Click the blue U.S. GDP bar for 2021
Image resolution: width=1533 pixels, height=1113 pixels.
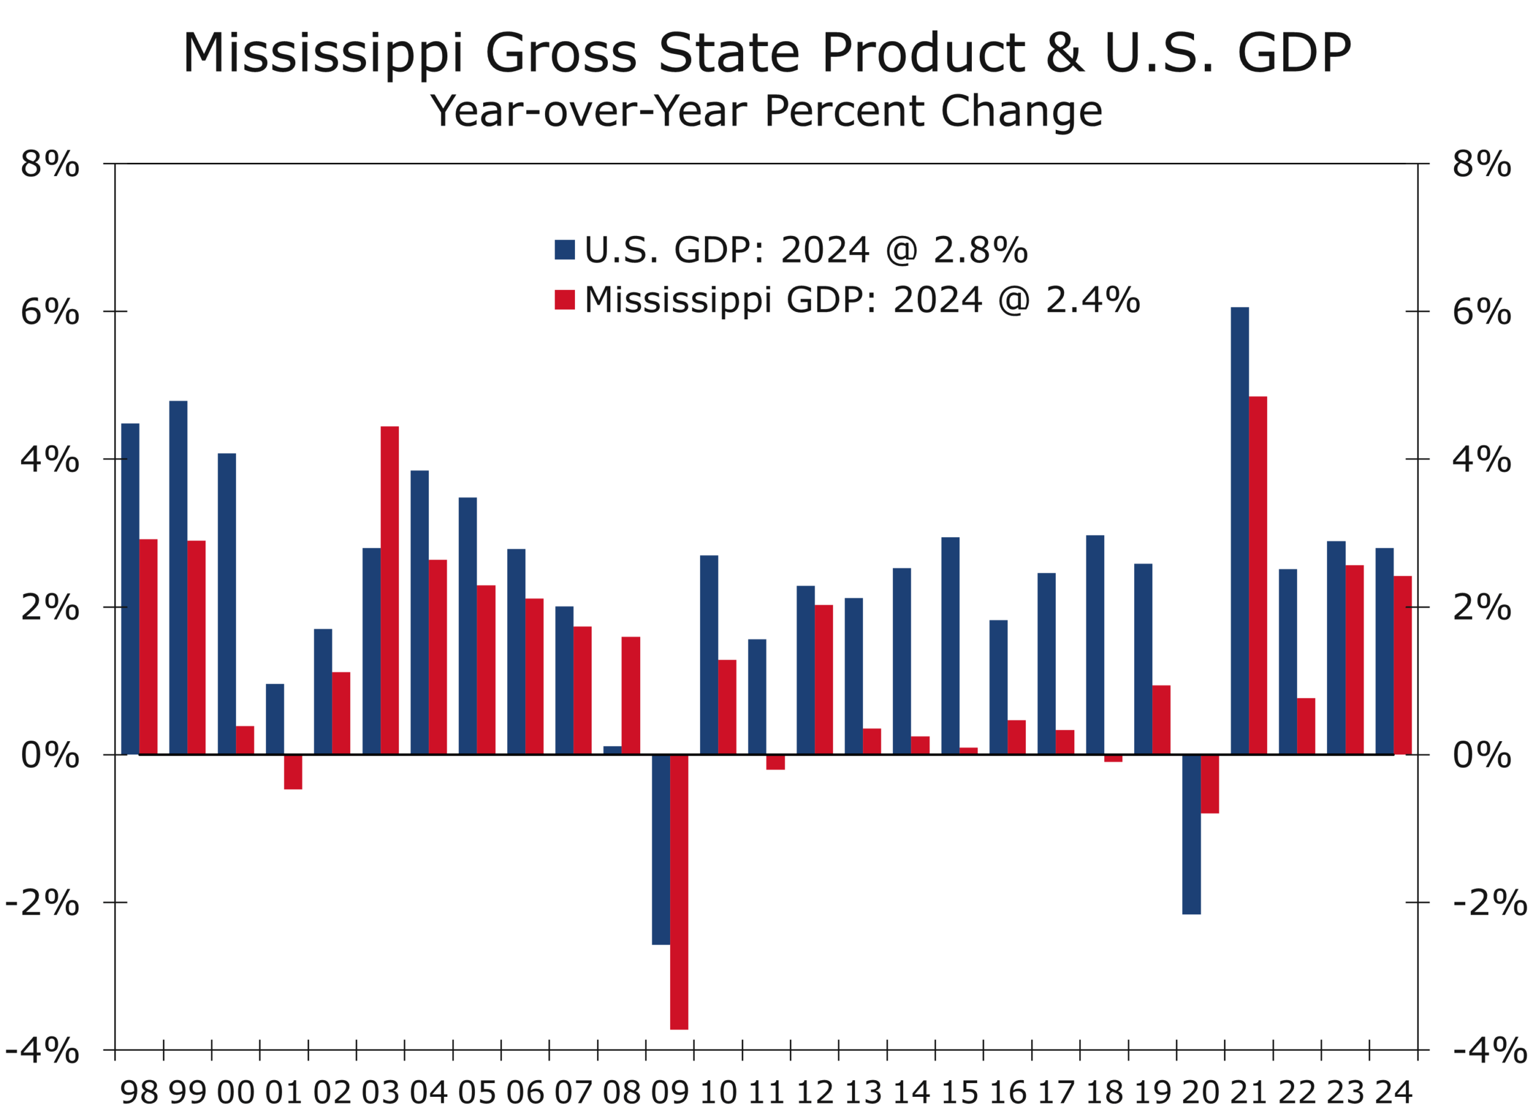(1239, 530)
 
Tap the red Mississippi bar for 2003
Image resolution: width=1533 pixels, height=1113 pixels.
(389, 590)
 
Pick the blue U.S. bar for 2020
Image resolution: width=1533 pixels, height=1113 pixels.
(1191, 834)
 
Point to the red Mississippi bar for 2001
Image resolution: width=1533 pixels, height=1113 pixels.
(293, 771)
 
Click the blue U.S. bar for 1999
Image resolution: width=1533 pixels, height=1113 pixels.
(178, 578)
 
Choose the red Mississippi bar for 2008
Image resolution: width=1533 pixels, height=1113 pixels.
(631, 695)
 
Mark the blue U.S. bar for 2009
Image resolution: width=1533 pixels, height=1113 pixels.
(661, 849)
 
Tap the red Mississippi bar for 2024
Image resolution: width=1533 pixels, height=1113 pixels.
(1402, 665)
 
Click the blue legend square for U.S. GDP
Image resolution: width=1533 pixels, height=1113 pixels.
(565, 249)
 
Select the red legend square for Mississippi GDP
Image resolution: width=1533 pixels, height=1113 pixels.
(565, 299)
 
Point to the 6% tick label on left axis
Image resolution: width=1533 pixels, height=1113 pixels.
(49, 312)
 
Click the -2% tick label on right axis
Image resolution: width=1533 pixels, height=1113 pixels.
(1489, 903)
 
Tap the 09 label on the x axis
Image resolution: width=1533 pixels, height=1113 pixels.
(669, 1093)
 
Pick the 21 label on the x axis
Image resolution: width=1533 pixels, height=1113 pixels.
(1248, 1093)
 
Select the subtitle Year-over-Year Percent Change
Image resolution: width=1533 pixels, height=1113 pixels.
(766, 111)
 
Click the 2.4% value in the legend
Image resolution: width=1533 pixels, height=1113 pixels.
(1092, 299)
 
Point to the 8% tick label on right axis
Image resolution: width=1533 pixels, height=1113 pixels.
(1481, 164)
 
